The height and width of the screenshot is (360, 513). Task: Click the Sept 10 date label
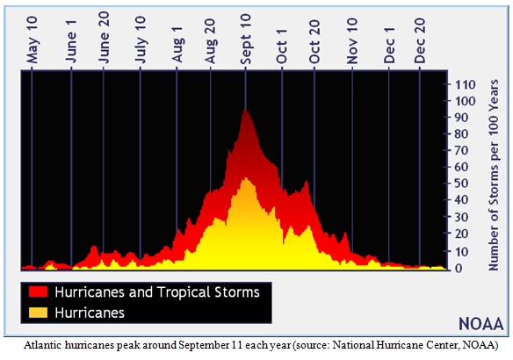pos(245,40)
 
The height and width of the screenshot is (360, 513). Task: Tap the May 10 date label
pos(32,40)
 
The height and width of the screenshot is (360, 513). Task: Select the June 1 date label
pos(70,41)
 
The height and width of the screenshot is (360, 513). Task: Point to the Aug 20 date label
pos(210,41)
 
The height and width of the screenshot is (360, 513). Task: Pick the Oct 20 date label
pos(314,41)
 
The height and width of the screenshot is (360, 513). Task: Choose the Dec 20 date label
pos(420,40)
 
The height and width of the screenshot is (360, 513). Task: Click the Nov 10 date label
pos(352,41)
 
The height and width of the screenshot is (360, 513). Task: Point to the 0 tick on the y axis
pos(459,268)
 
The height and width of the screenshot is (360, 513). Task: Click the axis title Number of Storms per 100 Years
pos(493,175)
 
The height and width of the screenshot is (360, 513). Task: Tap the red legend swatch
pos(38,292)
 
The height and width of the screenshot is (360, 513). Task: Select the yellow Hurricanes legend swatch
pos(38,313)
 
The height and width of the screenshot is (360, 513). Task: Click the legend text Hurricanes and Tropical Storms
pos(157,292)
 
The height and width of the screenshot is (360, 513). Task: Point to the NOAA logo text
pos(481,324)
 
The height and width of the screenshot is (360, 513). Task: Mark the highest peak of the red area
pos(245,110)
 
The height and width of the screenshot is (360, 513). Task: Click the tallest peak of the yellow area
pos(246,178)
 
